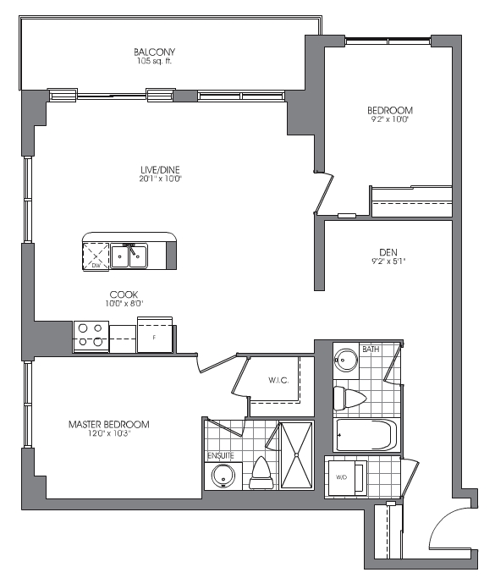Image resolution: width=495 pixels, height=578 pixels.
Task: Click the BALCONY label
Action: pos(154,52)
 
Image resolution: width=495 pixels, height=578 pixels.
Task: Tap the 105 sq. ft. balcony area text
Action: pos(154,61)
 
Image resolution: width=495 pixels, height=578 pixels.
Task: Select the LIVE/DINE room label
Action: pos(160,170)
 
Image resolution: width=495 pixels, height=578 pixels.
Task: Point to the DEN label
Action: pos(388,252)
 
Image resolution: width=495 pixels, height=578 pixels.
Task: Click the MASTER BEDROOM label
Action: pos(109,424)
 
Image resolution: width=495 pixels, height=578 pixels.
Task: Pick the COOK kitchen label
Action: pos(124,295)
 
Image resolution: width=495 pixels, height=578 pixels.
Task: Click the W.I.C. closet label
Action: pos(278,380)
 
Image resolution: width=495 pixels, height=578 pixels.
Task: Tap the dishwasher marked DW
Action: pos(96,256)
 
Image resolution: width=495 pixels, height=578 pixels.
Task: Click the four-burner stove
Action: pos(91,336)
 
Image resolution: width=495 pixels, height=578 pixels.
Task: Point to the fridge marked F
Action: pos(155,335)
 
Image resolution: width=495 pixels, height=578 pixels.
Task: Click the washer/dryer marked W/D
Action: pos(346,477)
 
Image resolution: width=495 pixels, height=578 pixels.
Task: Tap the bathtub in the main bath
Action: pos(366,435)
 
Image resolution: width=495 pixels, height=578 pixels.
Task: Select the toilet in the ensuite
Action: pos(261,473)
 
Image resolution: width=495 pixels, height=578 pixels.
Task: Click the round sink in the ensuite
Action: pos(223,476)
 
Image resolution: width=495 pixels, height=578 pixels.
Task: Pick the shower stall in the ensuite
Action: pos(296,455)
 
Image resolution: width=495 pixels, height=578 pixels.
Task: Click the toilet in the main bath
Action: pos(349,398)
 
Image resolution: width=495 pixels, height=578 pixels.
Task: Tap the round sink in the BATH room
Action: pos(346,358)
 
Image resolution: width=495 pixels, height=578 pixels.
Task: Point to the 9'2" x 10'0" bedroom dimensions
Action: pos(388,119)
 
